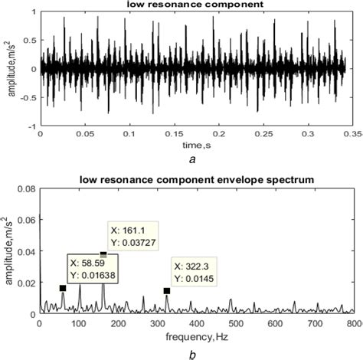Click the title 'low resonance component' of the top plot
(197, 7)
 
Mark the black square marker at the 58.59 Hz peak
(63, 288)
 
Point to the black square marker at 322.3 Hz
(166, 290)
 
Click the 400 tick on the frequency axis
(197, 324)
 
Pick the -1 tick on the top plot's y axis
(31, 126)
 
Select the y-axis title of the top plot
(9, 70)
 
